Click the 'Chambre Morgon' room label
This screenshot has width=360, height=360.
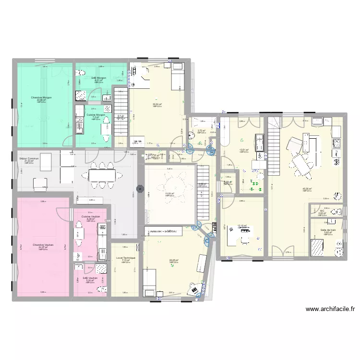(x=42, y=97)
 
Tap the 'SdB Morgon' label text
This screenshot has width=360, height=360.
(x=99, y=78)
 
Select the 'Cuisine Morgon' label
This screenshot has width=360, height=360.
(x=96, y=115)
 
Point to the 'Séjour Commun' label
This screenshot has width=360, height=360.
(x=29, y=158)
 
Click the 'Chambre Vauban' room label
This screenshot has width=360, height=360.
(x=43, y=245)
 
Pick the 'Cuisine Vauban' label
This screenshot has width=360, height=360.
(x=91, y=216)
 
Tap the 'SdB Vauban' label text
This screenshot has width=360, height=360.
(x=90, y=278)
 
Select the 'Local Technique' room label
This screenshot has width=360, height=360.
(x=126, y=258)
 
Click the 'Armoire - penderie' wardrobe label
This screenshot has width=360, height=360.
(x=163, y=232)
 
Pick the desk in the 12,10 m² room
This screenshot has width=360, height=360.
(x=240, y=234)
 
